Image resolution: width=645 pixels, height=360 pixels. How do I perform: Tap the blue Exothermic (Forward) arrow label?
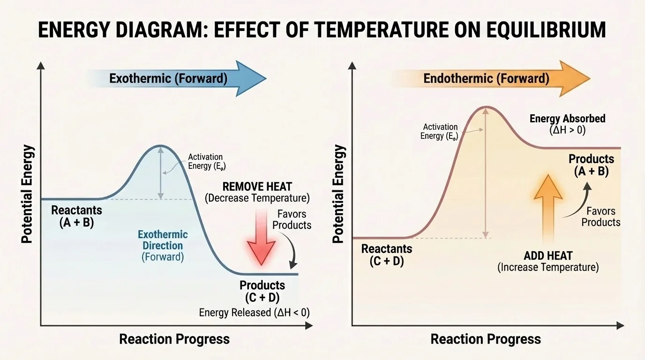pyautogui.click(x=168, y=78)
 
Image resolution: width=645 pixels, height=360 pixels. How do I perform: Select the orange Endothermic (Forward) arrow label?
pyautogui.click(x=486, y=78)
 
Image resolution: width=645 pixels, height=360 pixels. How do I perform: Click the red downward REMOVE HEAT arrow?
pyautogui.click(x=261, y=237)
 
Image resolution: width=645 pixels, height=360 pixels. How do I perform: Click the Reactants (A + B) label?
pyautogui.click(x=76, y=217)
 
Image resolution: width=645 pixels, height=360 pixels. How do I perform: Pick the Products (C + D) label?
pyautogui.click(x=262, y=291)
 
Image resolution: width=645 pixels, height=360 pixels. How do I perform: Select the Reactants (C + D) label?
pyautogui.click(x=386, y=255)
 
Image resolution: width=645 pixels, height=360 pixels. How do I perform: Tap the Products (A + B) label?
pyautogui.click(x=591, y=165)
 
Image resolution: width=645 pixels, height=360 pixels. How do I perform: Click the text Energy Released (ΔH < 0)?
pyautogui.click(x=254, y=313)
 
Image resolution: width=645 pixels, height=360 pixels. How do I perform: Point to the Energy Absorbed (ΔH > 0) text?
pyautogui.click(x=567, y=124)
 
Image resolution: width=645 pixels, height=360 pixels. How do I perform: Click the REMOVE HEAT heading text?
pyautogui.click(x=257, y=187)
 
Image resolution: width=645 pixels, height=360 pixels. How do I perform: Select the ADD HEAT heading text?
pyautogui.click(x=548, y=256)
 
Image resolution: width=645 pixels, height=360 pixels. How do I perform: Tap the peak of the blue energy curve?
pyautogui.click(x=161, y=146)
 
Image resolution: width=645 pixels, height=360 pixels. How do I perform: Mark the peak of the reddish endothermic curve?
pyautogui.click(x=486, y=107)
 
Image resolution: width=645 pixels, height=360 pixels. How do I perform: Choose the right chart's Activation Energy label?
pyautogui.click(x=440, y=131)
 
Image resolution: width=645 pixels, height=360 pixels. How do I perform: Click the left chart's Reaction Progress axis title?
pyautogui.click(x=174, y=339)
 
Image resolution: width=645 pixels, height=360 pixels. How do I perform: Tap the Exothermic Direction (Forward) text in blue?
pyautogui.click(x=163, y=245)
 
